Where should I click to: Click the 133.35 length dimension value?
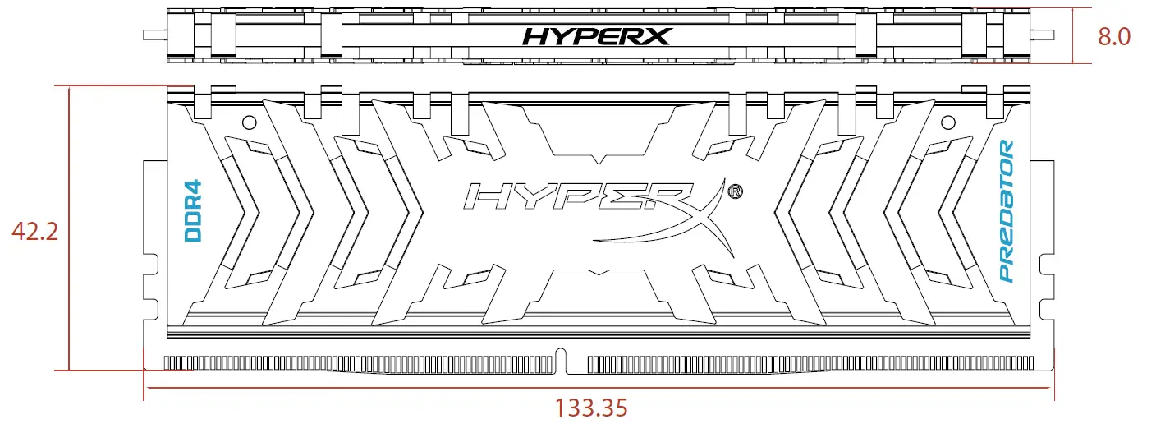[x=591, y=408]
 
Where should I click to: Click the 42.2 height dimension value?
[x=35, y=233]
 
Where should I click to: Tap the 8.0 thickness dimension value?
[x=1113, y=37]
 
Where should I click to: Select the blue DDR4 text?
[x=194, y=211]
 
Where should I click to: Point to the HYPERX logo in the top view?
[x=598, y=36]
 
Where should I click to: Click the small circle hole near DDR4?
[x=249, y=122]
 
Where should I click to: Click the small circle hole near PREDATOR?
[x=948, y=122]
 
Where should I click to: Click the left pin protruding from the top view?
[x=154, y=35]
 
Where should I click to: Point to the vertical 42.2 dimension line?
[x=70, y=230]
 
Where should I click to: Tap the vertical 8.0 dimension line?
[x=1074, y=35]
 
